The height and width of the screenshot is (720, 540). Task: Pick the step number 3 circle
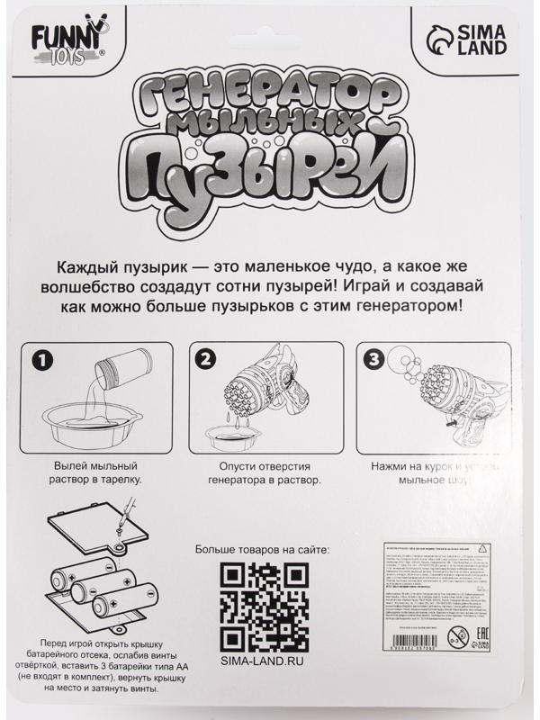point(372,360)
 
